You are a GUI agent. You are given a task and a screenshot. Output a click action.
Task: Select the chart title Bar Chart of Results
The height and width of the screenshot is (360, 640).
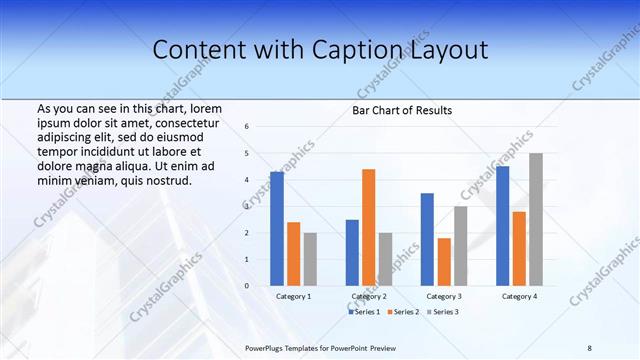tap(402, 110)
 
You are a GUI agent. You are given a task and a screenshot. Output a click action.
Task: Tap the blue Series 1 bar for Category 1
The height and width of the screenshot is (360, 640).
tap(277, 229)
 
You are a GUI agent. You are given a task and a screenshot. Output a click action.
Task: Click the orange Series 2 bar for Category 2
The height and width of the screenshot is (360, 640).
tap(368, 228)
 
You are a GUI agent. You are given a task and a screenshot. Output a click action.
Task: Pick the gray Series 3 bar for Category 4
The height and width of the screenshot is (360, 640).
tap(536, 220)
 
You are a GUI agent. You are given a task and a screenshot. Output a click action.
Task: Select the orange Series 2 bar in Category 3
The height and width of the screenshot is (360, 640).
tap(444, 262)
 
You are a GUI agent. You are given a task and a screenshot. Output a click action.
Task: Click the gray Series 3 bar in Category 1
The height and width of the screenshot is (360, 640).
tap(310, 259)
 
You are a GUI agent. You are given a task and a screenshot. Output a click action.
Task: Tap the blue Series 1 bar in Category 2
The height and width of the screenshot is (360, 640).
tap(352, 253)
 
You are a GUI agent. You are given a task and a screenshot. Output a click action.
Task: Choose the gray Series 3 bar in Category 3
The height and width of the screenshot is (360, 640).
tap(460, 246)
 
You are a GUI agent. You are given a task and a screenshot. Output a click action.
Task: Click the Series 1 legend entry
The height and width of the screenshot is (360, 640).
tap(364, 312)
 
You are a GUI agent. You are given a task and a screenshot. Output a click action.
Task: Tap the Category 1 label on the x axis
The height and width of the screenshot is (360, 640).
tap(294, 297)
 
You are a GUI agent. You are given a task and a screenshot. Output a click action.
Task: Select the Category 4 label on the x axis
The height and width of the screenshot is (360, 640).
tap(518, 297)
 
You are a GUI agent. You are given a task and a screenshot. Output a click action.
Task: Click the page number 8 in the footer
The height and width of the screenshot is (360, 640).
tap(589, 347)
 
